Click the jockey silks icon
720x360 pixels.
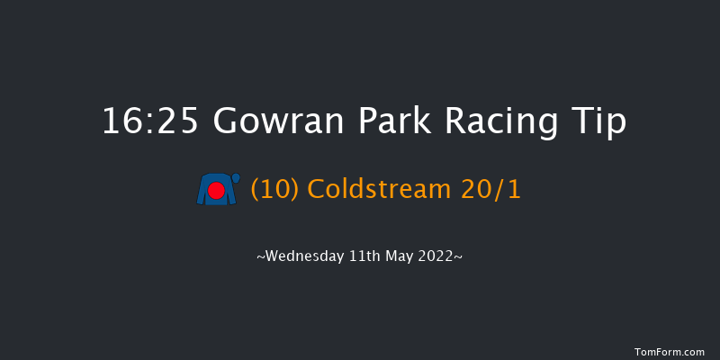coord(217,190)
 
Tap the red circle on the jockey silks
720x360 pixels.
coord(216,191)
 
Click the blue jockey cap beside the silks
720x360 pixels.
coord(236,179)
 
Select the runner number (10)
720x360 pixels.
coord(275,191)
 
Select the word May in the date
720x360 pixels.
coord(401,256)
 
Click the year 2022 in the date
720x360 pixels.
coord(440,256)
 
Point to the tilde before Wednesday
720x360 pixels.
coord(261,257)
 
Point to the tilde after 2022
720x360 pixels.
coord(460,257)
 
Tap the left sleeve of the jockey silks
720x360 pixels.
coord(202,192)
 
